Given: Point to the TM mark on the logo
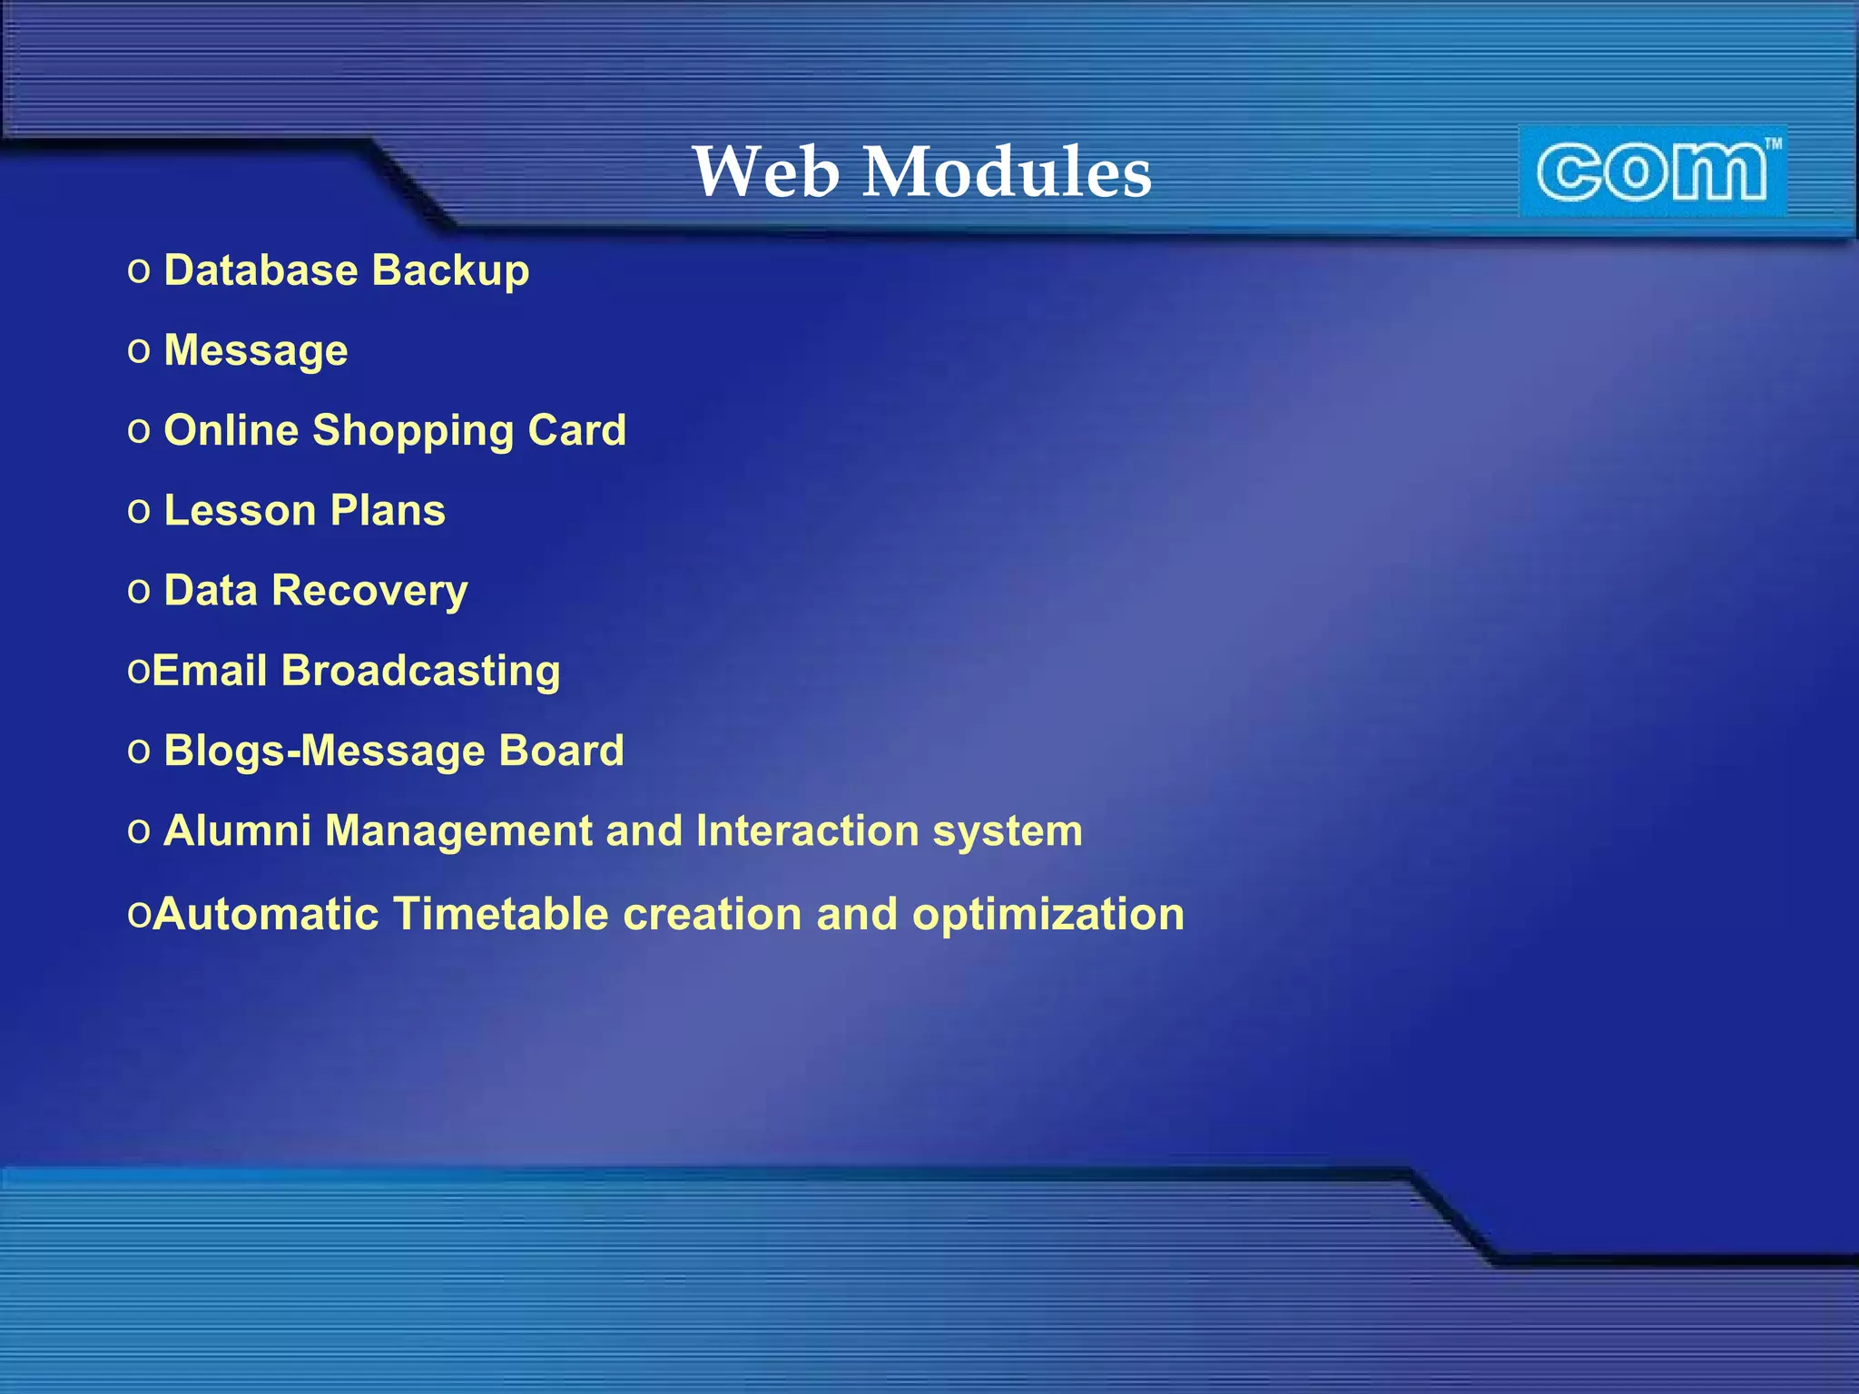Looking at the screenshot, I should tap(1773, 143).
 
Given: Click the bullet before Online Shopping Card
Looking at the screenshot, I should tap(139, 431).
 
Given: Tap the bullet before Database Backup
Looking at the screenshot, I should tap(139, 271).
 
